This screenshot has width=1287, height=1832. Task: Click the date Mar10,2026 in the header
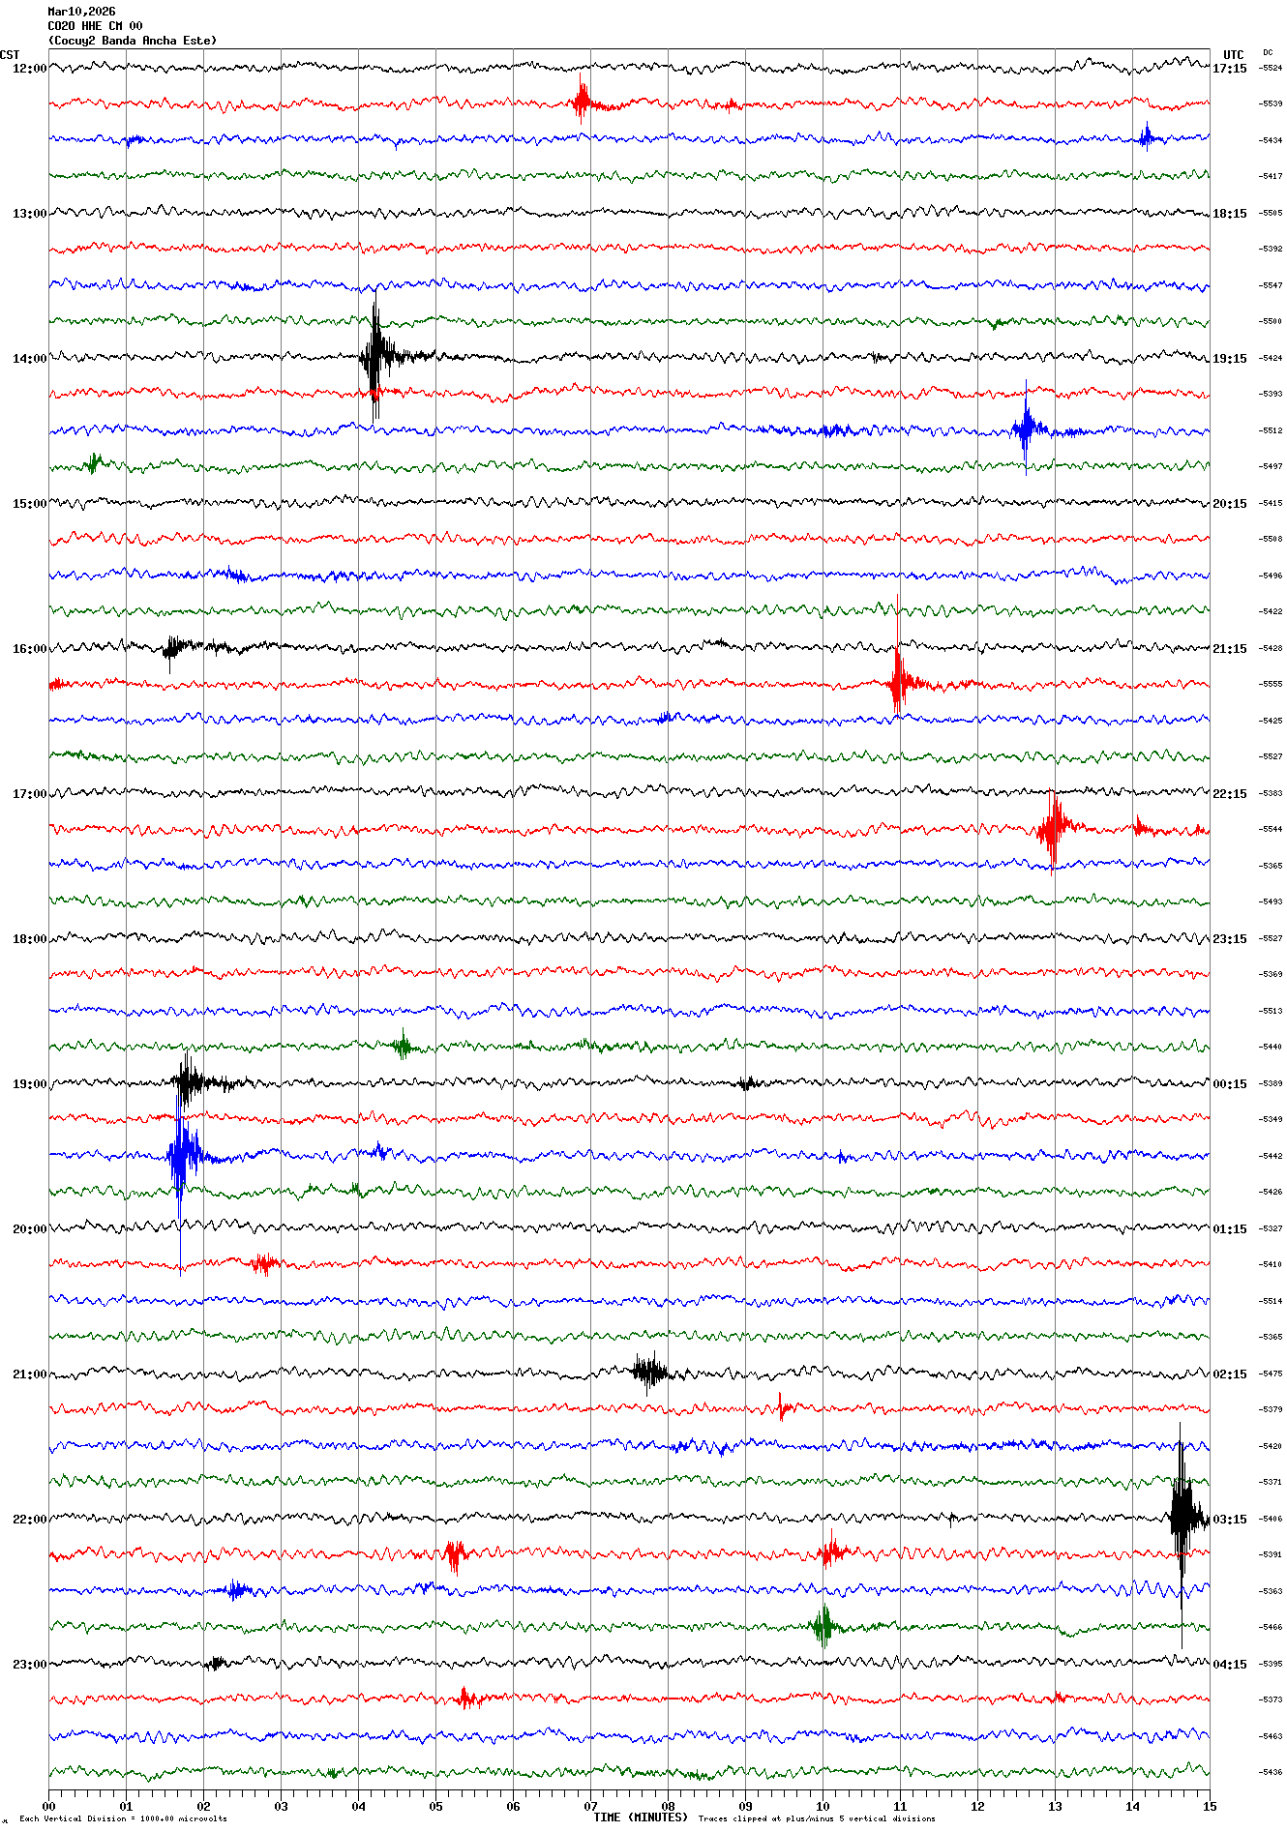point(81,12)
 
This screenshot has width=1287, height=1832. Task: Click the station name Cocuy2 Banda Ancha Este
point(132,41)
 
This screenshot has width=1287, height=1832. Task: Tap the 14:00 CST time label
point(29,359)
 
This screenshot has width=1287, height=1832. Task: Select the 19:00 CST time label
point(29,1084)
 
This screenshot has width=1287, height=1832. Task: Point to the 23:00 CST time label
point(29,1665)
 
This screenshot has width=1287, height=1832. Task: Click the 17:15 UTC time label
point(1229,69)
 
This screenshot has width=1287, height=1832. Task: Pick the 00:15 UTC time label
point(1229,1084)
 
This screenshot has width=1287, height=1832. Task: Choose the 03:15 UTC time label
point(1229,1520)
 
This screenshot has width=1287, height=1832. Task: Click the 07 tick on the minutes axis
point(590,1806)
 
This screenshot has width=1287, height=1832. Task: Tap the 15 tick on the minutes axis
point(1210,1806)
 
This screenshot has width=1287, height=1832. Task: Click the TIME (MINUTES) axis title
point(641,1817)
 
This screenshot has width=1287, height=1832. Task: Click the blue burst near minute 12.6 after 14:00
point(1027,428)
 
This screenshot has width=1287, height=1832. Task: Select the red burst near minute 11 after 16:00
point(898,682)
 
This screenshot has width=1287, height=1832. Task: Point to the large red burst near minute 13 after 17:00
point(1052,828)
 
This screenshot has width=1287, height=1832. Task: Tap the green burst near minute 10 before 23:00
point(823,1626)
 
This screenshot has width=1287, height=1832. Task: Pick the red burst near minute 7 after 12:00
point(582,102)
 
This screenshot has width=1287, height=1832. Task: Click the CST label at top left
point(10,55)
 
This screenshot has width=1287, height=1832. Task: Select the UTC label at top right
point(1233,55)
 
